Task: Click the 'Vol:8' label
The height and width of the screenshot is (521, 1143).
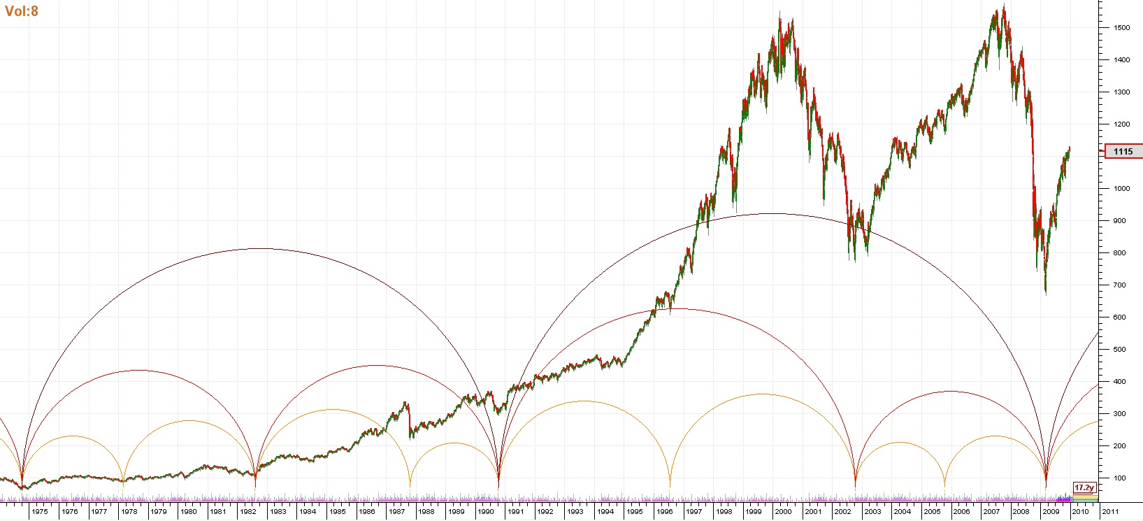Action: [22, 11]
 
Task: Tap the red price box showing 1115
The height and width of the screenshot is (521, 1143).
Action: [1123, 151]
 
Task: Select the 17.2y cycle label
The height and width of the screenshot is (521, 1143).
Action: [1084, 487]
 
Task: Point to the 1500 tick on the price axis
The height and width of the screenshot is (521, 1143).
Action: [1121, 28]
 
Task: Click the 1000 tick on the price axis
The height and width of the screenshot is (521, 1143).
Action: [1121, 189]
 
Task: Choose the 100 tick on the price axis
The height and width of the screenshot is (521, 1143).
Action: [1120, 478]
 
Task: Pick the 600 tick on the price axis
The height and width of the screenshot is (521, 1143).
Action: [1120, 317]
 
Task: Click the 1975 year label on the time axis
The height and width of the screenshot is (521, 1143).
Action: [40, 512]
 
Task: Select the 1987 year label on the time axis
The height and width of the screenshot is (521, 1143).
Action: [396, 512]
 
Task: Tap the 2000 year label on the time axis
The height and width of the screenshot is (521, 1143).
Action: [783, 512]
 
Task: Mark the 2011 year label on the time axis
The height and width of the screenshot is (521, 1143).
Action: [1110, 512]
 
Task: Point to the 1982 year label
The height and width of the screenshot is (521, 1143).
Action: [248, 512]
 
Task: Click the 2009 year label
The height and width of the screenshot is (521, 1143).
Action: [1051, 512]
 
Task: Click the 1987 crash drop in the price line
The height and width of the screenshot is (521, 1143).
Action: [410, 423]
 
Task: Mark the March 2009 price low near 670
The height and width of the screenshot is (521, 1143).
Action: [1046, 292]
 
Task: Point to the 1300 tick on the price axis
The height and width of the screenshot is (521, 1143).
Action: [1121, 92]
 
